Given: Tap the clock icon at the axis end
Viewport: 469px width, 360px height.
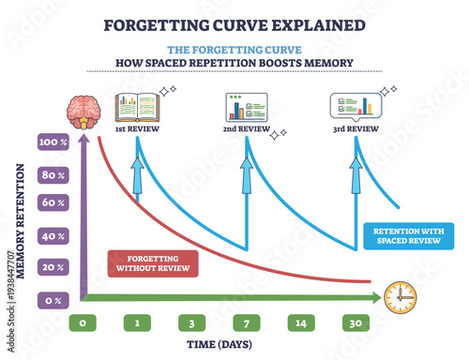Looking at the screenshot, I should click(400, 297).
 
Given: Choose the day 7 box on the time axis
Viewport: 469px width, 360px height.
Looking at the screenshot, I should click(247, 323).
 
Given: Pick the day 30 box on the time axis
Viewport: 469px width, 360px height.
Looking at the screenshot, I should click(355, 323).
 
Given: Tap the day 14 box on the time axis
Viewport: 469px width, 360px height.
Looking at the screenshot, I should click(301, 323).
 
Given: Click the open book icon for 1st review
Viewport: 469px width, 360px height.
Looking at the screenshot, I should click(137, 107).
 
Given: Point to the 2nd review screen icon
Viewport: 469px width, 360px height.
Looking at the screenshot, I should click(247, 107).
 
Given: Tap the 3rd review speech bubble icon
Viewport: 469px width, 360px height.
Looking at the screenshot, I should click(353, 107).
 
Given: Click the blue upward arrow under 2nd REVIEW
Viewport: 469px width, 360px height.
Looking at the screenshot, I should click(247, 178).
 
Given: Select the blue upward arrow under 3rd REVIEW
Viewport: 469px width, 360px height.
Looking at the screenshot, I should click(355, 178).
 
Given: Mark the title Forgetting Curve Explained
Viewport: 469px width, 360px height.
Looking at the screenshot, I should click(234, 22).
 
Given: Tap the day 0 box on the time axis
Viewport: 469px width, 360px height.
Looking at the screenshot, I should click(83, 323).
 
